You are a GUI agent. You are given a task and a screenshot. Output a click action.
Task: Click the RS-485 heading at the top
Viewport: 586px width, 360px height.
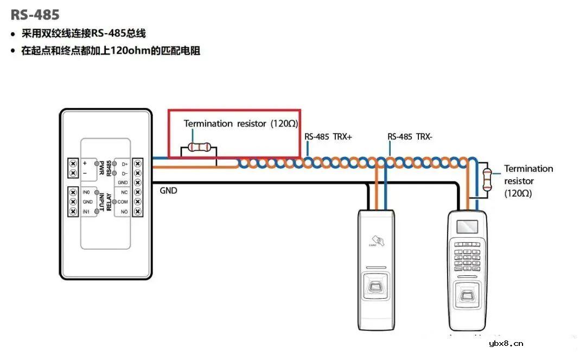(x=35, y=14)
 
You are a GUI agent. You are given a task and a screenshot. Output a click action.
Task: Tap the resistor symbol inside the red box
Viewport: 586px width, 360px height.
(x=199, y=147)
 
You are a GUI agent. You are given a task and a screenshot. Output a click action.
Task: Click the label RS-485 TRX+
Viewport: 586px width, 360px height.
(x=328, y=137)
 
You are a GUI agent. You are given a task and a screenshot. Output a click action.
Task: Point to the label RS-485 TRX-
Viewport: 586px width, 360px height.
(x=410, y=137)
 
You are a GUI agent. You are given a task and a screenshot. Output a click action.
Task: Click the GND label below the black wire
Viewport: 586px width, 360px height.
(x=168, y=191)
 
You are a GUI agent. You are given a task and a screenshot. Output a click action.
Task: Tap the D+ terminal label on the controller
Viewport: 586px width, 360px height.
(x=124, y=163)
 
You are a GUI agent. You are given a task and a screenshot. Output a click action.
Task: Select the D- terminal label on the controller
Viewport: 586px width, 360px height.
(x=124, y=173)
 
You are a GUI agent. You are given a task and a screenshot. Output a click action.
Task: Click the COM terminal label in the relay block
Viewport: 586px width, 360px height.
(x=123, y=201)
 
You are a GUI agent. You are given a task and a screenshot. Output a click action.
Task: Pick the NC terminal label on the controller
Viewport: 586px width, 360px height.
(x=124, y=192)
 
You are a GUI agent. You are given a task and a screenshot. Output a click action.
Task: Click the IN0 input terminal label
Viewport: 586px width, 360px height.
(x=86, y=192)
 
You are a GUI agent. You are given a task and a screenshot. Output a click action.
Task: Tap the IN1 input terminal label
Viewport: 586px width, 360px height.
(x=86, y=211)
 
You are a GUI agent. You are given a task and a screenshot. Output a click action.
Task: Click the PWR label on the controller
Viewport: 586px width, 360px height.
(x=101, y=168)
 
